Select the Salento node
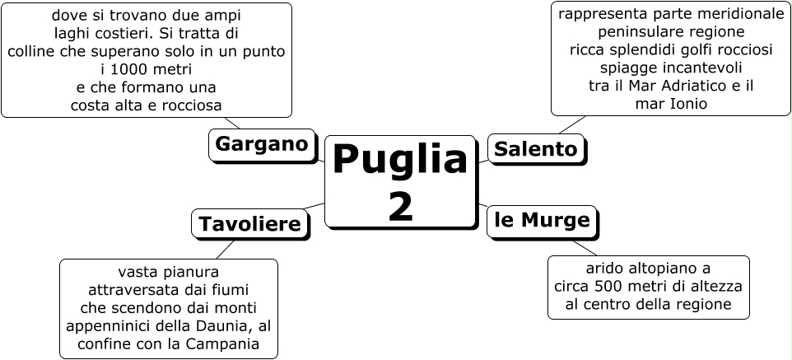tap(537, 149)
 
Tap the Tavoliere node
tap(249, 224)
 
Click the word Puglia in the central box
tap(400, 159)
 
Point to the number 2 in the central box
tap(401, 206)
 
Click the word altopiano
tap(651, 269)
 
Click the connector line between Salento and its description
tap(571, 124)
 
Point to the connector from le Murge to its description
tap(585, 247)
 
